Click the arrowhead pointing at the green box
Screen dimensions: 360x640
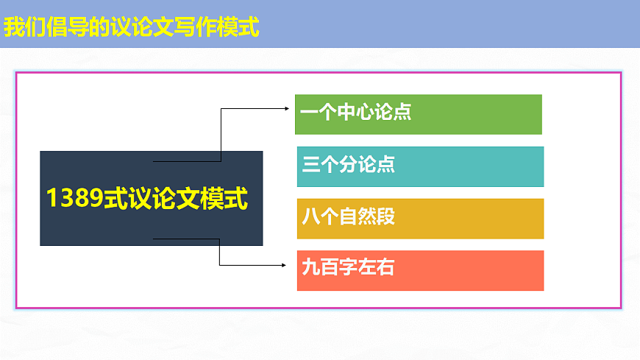(x=287, y=108)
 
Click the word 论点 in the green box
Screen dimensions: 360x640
(x=393, y=113)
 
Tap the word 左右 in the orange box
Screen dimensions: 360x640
(x=376, y=267)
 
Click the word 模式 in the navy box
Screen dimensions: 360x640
(x=224, y=199)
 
